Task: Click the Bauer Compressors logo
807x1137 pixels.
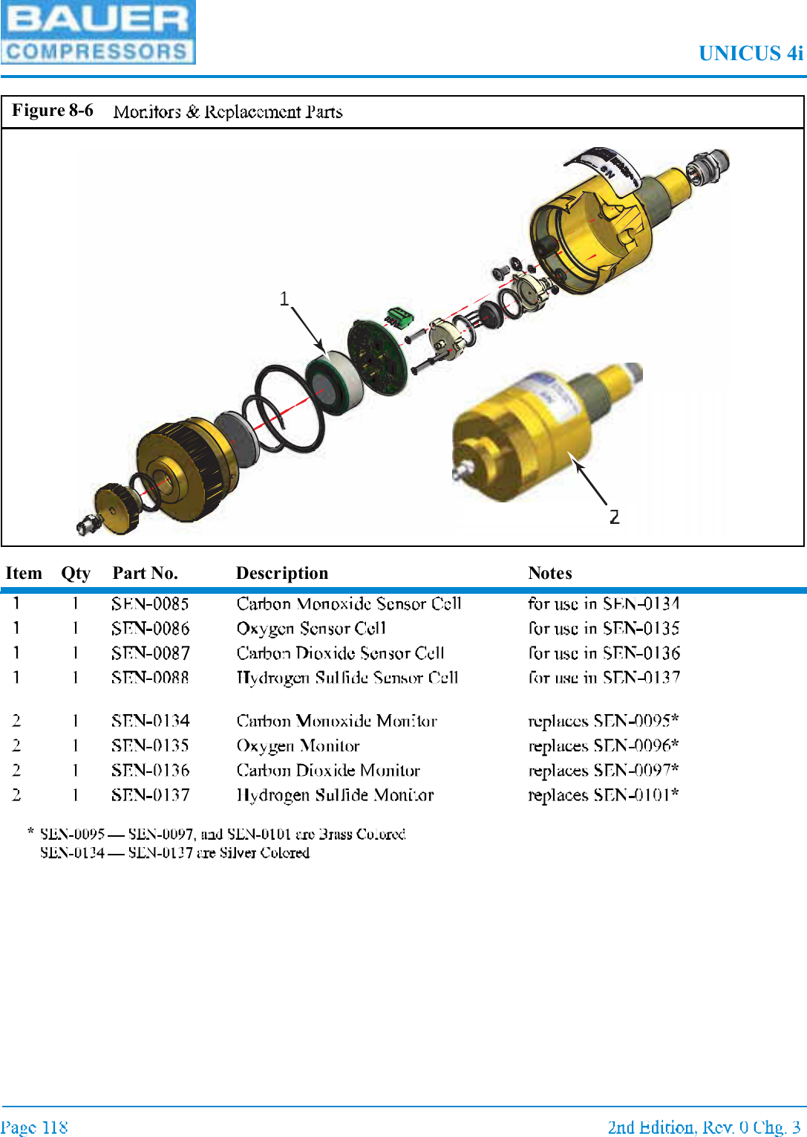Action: click(97, 33)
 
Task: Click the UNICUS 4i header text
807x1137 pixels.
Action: click(750, 54)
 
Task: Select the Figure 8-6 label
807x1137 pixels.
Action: click(53, 111)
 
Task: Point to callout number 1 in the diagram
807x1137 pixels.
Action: click(284, 299)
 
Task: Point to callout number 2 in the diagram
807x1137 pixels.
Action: click(614, 516)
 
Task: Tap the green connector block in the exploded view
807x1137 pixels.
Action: click(399, 317)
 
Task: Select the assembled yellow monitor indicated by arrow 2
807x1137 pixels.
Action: click(535, 438)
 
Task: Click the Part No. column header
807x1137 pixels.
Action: click(145, 573)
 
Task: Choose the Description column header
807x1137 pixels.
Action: click(282, 573)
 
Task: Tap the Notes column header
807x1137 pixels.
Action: click(550, 573)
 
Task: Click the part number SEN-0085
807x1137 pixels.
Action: click(150, 603)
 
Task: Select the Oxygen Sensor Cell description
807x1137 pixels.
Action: click(311, 629)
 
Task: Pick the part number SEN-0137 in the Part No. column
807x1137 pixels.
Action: click(150, 795)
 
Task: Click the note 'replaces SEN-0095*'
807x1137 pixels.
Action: click(603, 721)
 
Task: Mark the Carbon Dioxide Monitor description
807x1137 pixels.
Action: click(328, 771)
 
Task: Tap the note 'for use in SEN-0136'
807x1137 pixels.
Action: click(604, 653)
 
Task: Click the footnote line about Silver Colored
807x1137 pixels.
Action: click(174, 853)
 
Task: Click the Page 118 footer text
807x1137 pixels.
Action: click(34, 1127)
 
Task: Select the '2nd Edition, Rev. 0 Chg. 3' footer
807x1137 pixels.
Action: click(704, 1127)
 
